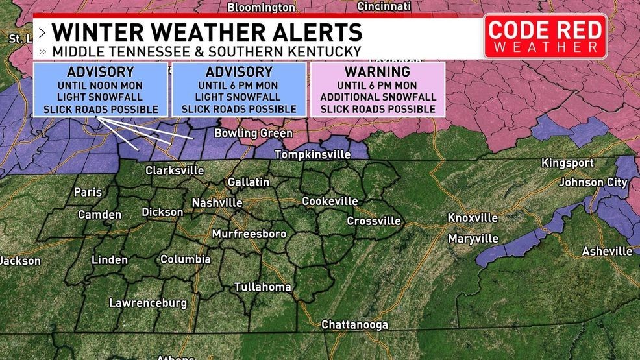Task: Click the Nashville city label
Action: [x=217, y=203]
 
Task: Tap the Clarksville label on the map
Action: [x=175, y=171]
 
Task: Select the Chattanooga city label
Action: [x=355, y=324]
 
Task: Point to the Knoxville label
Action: [x=473, y=218]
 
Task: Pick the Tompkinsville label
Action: [x=312, y=155]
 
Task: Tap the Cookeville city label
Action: [x=330, y=201]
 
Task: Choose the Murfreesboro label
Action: [x=249, y=234]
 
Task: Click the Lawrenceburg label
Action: [x=148, y=303]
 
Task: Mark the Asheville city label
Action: [x=607, y=251]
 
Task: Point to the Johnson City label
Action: [x=593, y=182]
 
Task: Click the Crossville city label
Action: [x=373, y=221]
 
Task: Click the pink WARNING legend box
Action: [x=377, y=90]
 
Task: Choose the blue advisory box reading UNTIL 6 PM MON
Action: [x=238, y=90]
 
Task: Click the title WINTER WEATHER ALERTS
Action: [x=206, y=32]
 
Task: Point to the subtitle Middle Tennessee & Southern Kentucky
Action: [x=206, y=51]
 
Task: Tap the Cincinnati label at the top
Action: [x=384, y=6]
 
